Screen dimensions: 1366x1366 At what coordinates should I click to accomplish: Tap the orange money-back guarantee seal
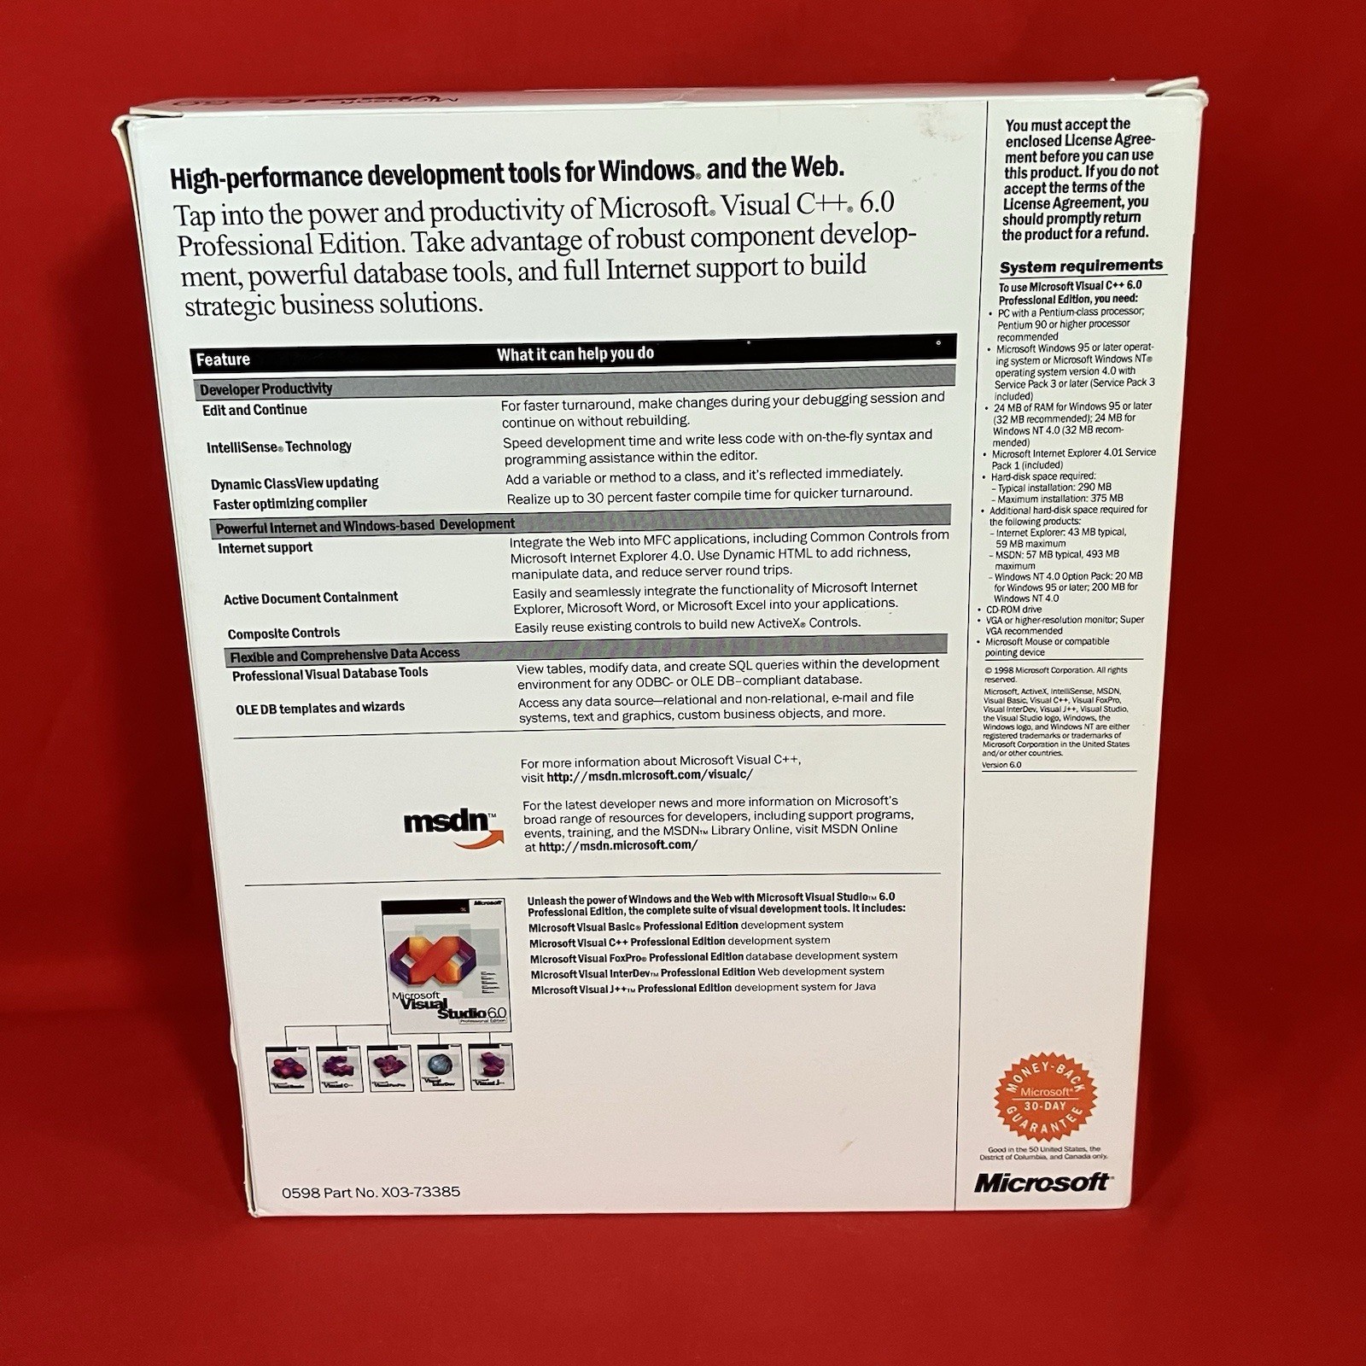(1045, 1096)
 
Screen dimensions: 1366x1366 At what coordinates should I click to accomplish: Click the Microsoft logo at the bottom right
(1042, 1182)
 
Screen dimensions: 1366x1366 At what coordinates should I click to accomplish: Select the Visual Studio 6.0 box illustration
(444, 965)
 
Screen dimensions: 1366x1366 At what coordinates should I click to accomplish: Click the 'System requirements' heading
(1081, 266)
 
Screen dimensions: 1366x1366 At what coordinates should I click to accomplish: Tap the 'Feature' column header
(223, 359)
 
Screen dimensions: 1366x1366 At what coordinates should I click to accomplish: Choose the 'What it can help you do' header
(575, 353)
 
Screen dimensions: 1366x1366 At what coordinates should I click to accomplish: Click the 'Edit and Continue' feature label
(254, 410)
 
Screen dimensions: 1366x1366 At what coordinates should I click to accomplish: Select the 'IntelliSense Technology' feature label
(278, 447)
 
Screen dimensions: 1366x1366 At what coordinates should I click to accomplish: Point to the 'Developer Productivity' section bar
(266, 389)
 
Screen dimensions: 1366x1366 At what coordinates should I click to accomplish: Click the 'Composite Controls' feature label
(283, 633)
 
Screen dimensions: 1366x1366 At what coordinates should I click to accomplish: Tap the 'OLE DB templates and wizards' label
(320, 708)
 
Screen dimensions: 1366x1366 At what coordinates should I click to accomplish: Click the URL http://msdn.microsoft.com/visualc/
(650, 775)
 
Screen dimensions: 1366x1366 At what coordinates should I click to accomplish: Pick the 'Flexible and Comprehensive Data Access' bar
(345, 655)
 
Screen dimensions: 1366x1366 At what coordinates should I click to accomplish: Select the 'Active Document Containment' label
(311, 598)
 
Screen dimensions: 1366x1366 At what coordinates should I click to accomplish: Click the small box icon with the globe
(441, 1068)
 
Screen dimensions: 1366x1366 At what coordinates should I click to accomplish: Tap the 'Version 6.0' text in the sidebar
(1001, 765)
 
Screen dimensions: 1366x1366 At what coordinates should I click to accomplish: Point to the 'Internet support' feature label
(265, 547)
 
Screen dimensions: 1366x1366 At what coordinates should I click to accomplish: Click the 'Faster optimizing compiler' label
(289, 503)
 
